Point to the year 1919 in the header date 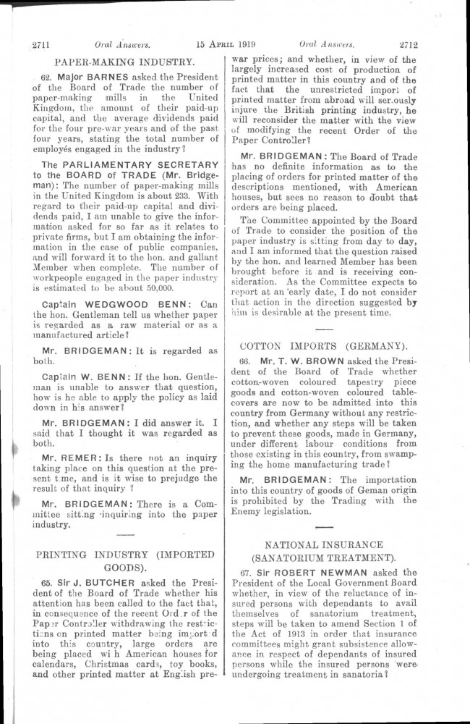[x=252, y=43]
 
